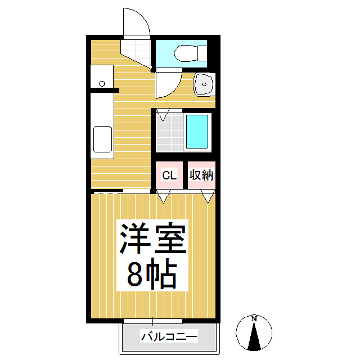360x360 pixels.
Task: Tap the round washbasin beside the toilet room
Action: click(203, 84)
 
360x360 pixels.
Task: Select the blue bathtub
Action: click(197, 132)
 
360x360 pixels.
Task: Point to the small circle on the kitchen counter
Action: click(102, 84)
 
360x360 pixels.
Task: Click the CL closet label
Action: click(169, 175)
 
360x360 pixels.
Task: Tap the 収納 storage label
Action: click(201, 175)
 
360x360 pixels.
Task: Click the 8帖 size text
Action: click(151, 274)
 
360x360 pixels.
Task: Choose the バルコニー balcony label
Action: click(169, 337)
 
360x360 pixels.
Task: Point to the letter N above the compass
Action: click(254, 319)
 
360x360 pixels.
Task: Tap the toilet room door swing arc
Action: click(167, 84)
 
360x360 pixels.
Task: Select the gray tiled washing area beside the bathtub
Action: click(169, 134)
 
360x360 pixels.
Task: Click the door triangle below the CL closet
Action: click(164, 196)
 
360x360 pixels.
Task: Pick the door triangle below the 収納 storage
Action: click(209, 196)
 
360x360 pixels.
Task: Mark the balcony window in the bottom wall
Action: click(152, 321)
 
